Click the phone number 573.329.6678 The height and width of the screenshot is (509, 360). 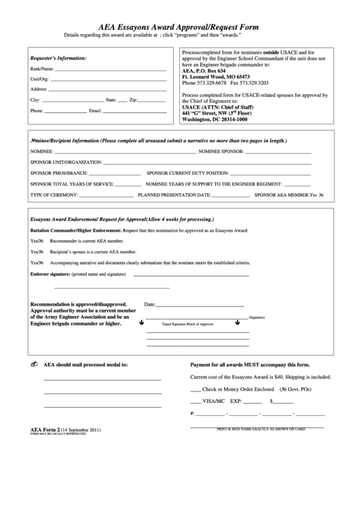coord(204,82)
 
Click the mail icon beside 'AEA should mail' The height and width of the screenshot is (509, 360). coord(34,365)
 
